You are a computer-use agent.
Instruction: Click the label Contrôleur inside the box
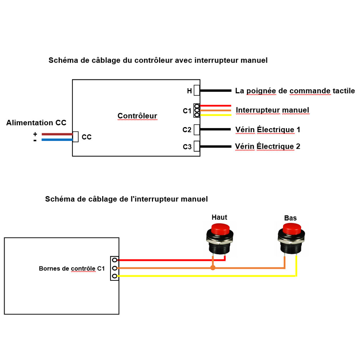[x=137, y=116]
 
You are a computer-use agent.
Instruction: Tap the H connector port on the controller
[x=197, y=90]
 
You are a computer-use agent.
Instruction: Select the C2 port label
[x=187, y=130]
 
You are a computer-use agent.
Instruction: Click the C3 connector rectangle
[x=197, y=146]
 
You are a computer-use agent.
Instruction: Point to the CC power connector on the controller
[x=76, y=137]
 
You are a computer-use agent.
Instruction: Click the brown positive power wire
[x=57, y=134]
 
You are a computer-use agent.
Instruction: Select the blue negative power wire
[x=57, y=140]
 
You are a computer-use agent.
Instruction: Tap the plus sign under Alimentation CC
[x=35, y=134]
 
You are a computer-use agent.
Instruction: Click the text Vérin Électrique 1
[x=268, y=130]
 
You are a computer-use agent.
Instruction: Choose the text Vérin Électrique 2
[x=267, y=146]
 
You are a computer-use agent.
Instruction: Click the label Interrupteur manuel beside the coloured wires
[x=273, y=110]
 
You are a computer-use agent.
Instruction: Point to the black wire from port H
[x=216, y=91]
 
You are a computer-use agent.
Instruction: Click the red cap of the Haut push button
[x=220, y=229]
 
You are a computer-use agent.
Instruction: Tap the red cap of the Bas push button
[x=292, y=229]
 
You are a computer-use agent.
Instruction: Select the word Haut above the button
[x=220, y=217]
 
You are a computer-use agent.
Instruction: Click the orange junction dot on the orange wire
[x=213, y=267]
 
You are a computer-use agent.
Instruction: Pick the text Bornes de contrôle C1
[x=72, y=269]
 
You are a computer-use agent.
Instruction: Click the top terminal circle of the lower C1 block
[x=114, y=260]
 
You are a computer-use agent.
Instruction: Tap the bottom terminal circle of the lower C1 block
[x=114, y=276]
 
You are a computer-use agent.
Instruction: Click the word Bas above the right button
[x=291, y=218]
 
